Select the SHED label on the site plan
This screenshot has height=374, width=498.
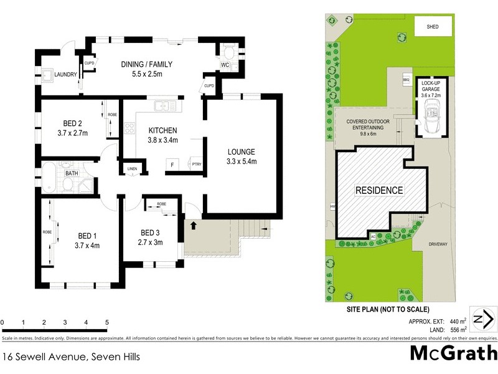click(433, 27)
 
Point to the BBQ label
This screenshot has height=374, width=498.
click(405, 80)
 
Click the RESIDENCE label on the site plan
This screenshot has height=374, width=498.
click(379, 190)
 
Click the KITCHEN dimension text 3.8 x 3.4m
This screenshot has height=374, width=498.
click(163, 140)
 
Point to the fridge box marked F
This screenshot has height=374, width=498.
click(171, 165)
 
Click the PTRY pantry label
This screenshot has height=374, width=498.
click(197, 165)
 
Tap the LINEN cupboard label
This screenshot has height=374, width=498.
click(132, 169)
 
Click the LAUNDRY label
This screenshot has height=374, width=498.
click(66, 75)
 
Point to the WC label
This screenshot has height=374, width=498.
click(225, 65)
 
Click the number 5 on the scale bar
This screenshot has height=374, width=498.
click(107, 322)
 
